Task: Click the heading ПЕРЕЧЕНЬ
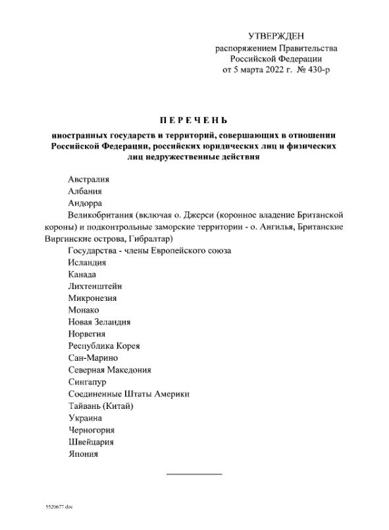tap(195, 120)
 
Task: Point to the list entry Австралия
tap(88, 180)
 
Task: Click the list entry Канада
tap(82, 275)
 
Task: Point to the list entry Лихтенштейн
tap(95, 286)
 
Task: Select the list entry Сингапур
tap(87, 381)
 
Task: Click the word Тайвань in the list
tap(85, 406)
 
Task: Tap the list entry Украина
tap(84, 417)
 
